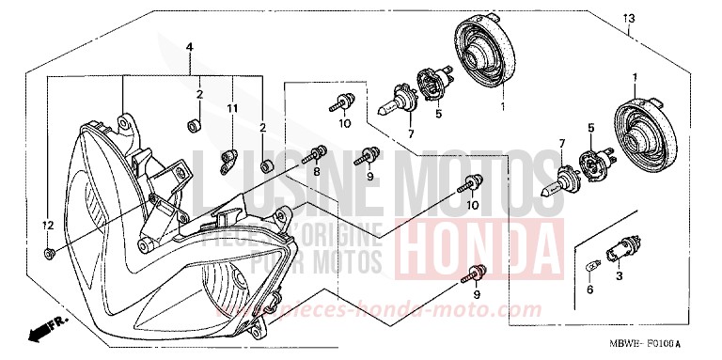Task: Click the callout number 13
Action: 629,19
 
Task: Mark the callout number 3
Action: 618,278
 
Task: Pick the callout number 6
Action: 589,291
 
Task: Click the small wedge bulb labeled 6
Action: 591,267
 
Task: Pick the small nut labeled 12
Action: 49,255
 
